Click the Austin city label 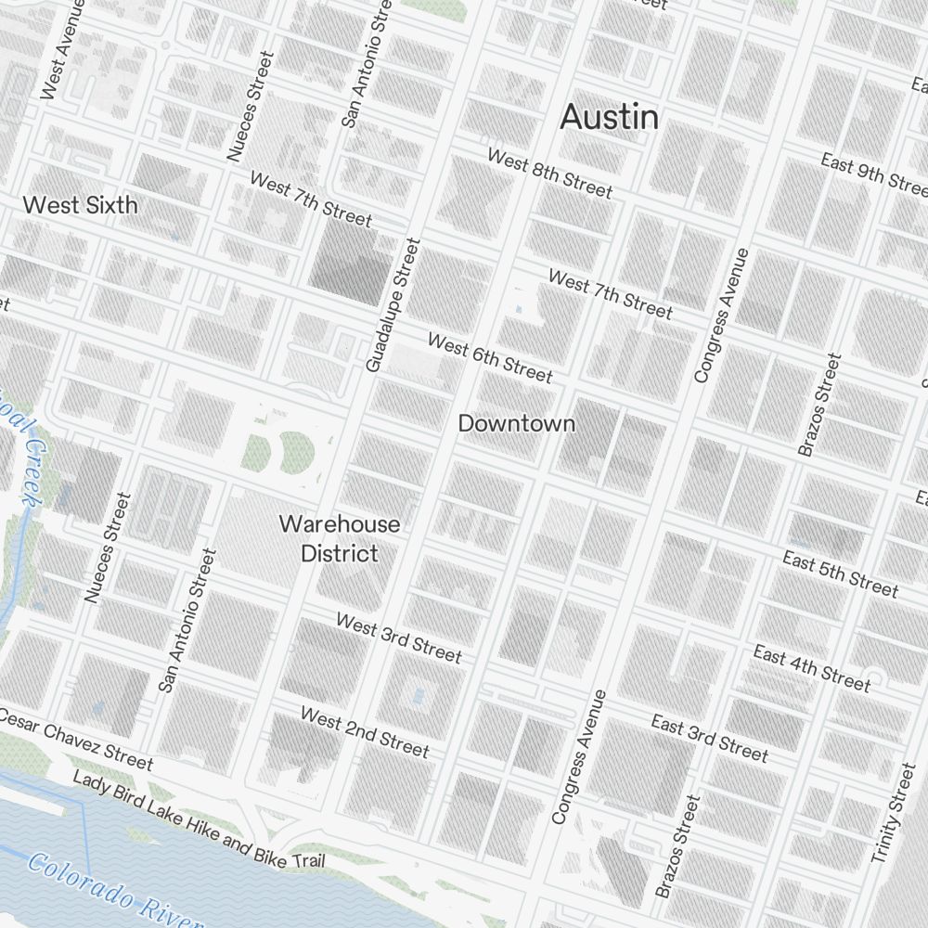click(x=610, y=117)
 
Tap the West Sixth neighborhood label click(x=80, y=205)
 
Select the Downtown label click(x=517, y=424)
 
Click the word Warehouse click(x=340, y=524)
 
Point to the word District click(x=340, y=554)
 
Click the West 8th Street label click(x=550, y=174)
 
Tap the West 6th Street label click(x=490, y=358)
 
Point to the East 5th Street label click(x=840, y=574)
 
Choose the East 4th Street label click(x=812, y=668)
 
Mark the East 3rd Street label click(x=710, y=737)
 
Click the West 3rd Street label click(x=398, y=638)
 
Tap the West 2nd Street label click(x=365, y=731)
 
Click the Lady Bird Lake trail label click(x=199, y=822)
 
